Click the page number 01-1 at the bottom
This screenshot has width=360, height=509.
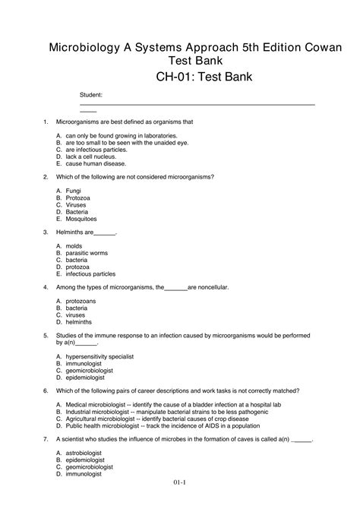pyautogui.click(x=179, y=502)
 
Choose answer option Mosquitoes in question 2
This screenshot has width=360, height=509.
pyautogui.click(x=82, y=220)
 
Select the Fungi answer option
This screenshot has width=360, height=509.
pyautogui.click(x=73, y=190)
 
